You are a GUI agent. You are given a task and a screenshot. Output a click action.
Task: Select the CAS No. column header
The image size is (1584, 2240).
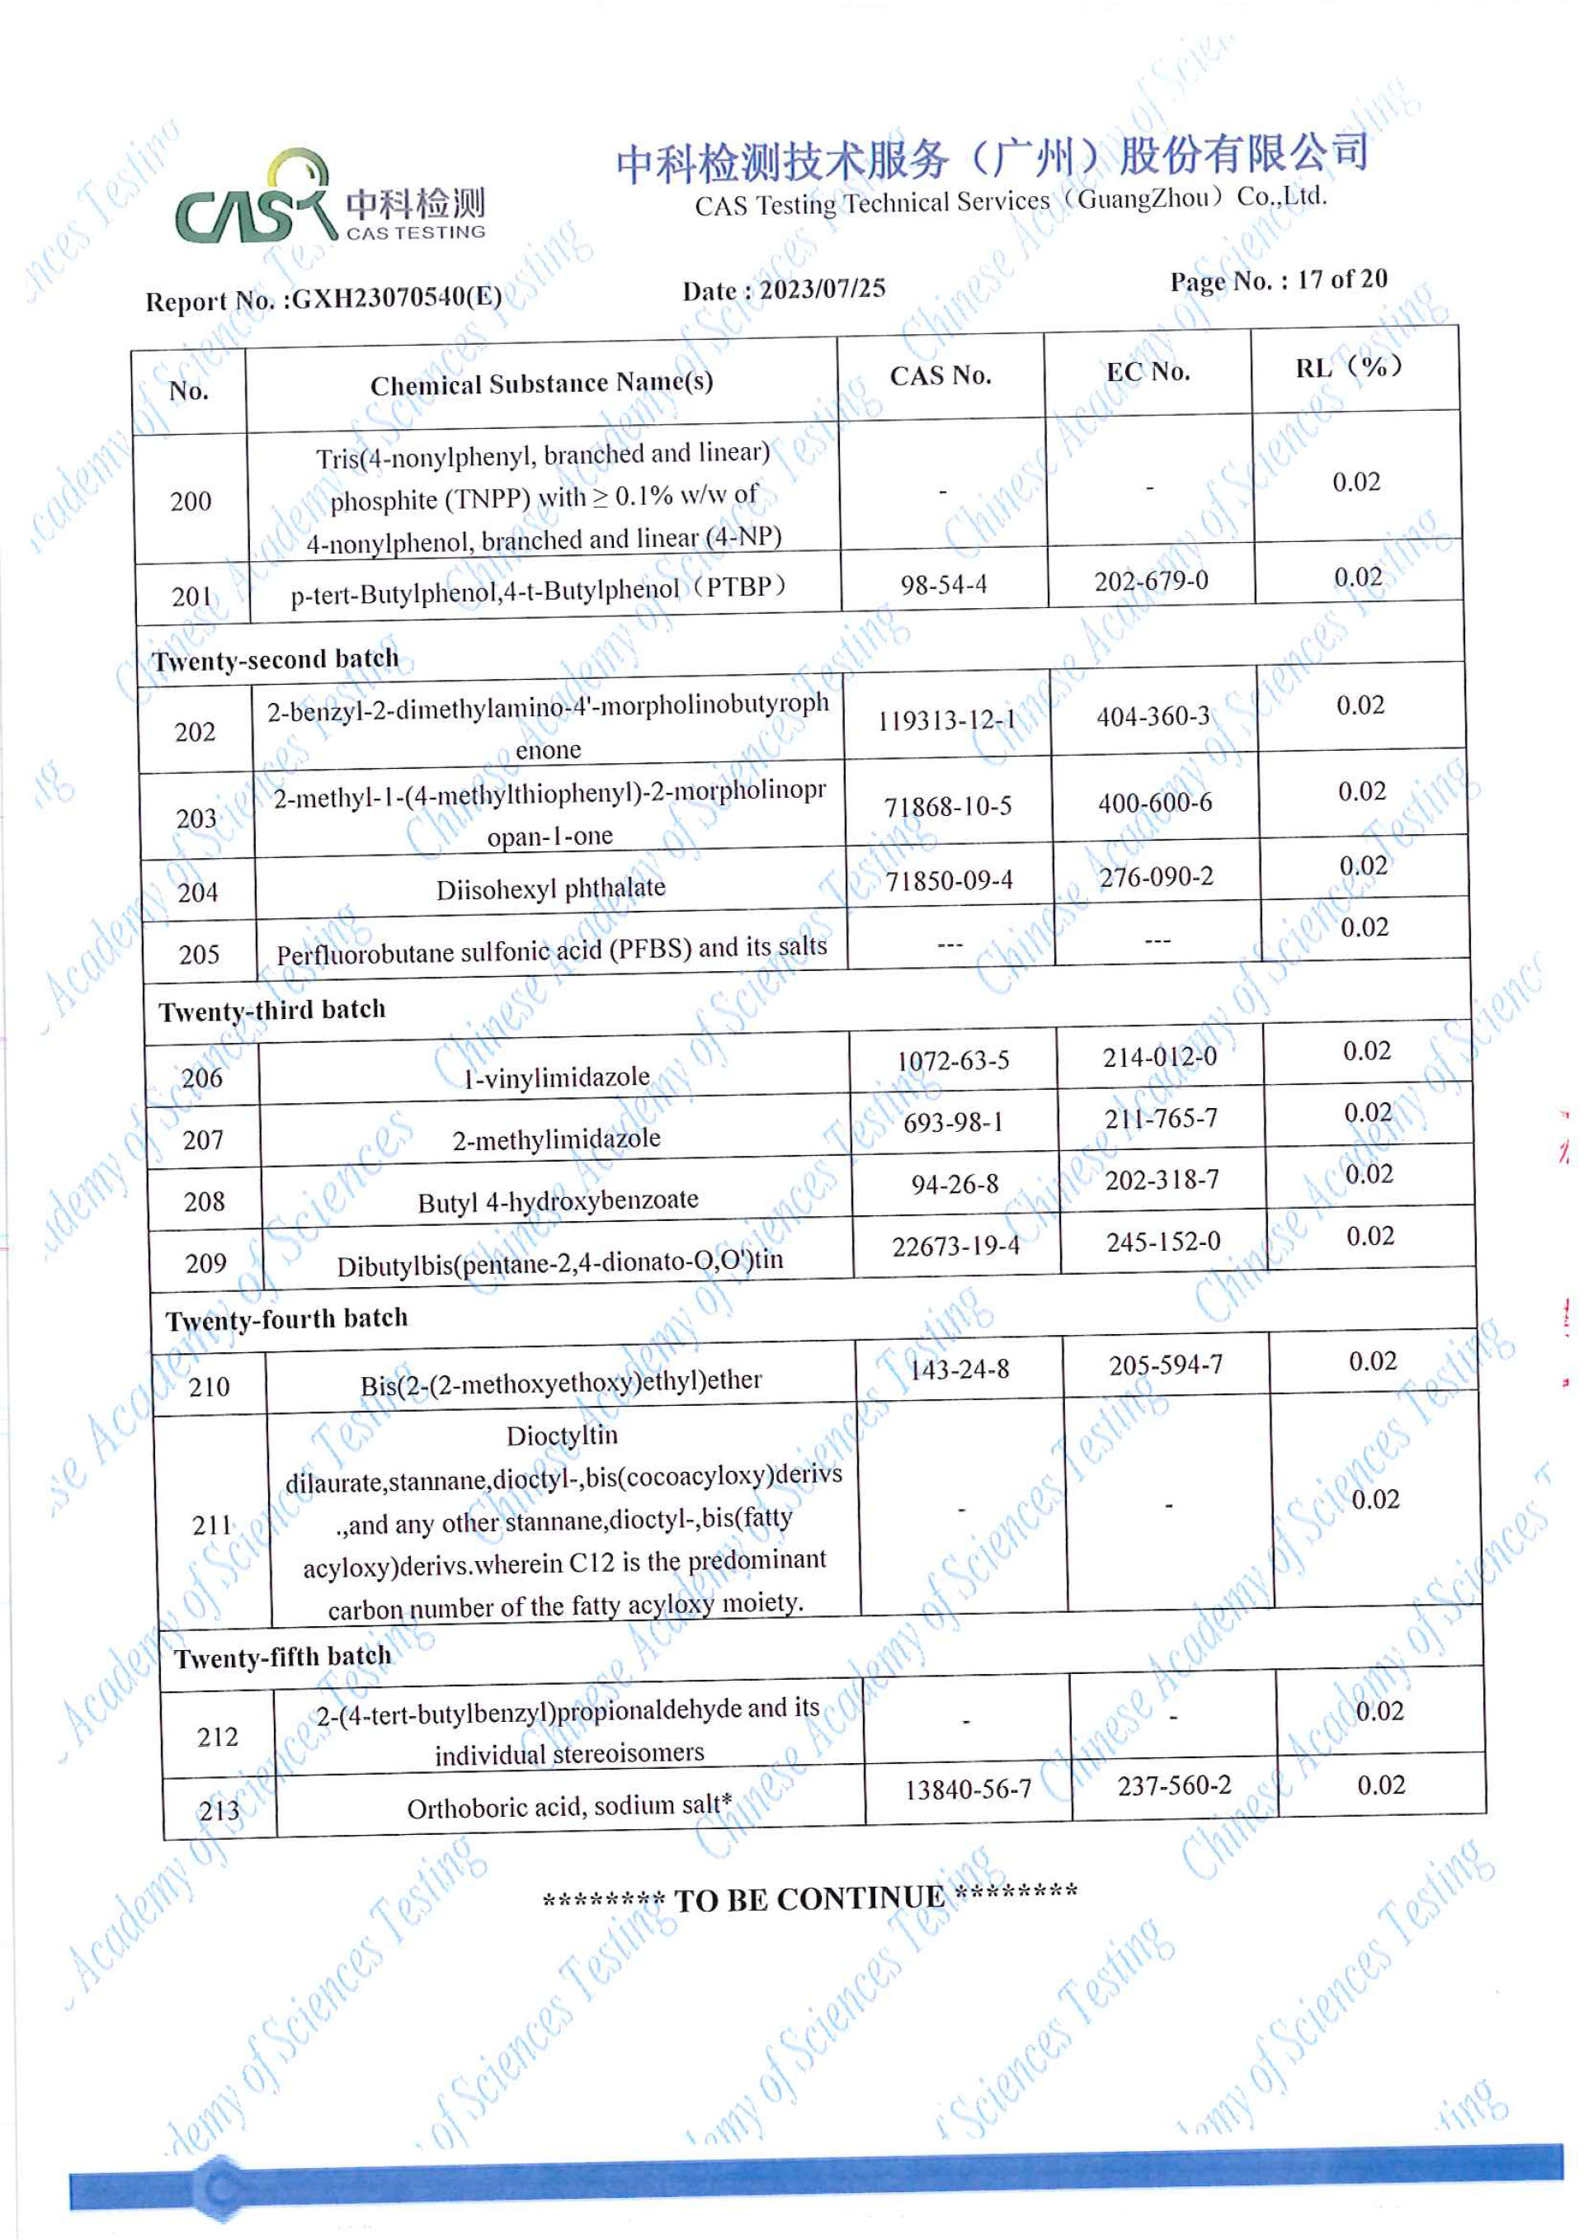pos(940,375)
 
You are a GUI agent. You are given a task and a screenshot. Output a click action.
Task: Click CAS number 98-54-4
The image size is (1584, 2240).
pos(943,584)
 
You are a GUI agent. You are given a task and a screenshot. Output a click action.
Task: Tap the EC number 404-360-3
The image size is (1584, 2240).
pos(1153,716)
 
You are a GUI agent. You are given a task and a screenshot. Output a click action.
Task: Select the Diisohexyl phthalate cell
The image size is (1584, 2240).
pos(551,889)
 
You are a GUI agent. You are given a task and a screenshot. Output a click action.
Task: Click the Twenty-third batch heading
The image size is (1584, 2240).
pos(272,1010)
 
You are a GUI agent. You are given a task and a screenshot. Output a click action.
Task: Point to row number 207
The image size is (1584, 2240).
pos(203,1139)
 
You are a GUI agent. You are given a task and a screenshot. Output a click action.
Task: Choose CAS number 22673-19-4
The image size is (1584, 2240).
pos(956,1246)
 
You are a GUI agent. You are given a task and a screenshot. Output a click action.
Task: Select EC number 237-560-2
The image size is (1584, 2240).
pos(1173,1785)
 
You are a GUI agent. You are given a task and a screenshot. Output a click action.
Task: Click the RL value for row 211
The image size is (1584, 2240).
pos(1375,1499)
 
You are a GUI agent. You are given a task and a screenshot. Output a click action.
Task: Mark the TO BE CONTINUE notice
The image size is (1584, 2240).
pos(809,1898)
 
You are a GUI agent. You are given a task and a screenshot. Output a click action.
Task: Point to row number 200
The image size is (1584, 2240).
pos(191,502)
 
